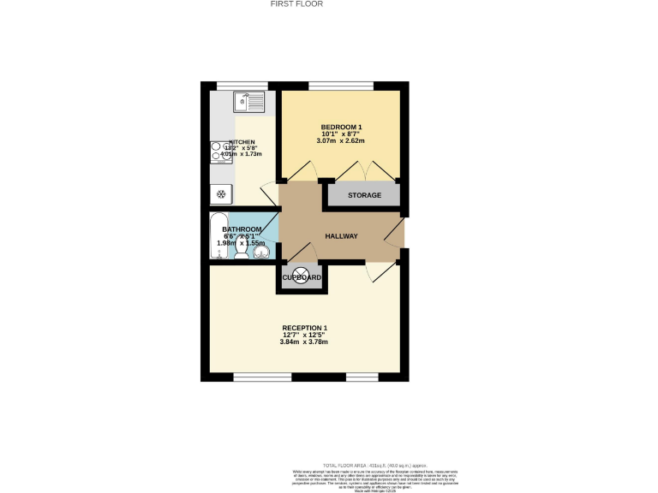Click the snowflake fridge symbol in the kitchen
pyautogui.click(x=220, y=195)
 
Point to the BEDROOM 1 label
pyautogui.click(x=342, y=127)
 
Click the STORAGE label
pyautogui.click(x=364, y=195)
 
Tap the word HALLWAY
pyautogui.click(x=341, y=236)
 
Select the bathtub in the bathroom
pyautogui.click(x=218, y=235)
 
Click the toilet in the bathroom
pyautogui.click(x=244, y=252)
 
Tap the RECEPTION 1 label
pyautogui.click(x=304, y=328)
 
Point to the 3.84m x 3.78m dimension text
pyautogui.click(x=304, y=342)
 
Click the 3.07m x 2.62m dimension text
pyautogui.click(x=341, y=141)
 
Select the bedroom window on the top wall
pyautogui.click(x=340, y=84)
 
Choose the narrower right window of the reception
pyautogui.click(x=362, y=377)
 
